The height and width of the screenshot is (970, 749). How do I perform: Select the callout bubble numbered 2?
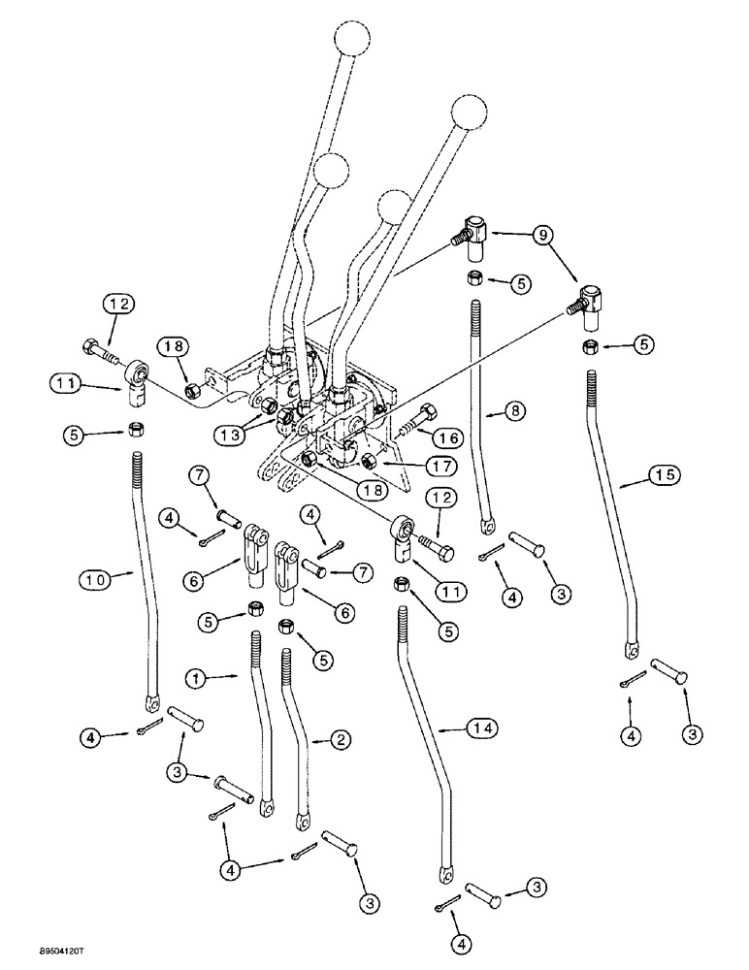coord(342,741)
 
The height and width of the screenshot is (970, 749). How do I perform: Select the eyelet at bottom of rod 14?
coord(447,875)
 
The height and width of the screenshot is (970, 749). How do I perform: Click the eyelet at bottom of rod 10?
coord(151,701)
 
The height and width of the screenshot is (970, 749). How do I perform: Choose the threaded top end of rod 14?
coord(402,621)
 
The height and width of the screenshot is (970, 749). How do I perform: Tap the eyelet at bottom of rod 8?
coord(485,528)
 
